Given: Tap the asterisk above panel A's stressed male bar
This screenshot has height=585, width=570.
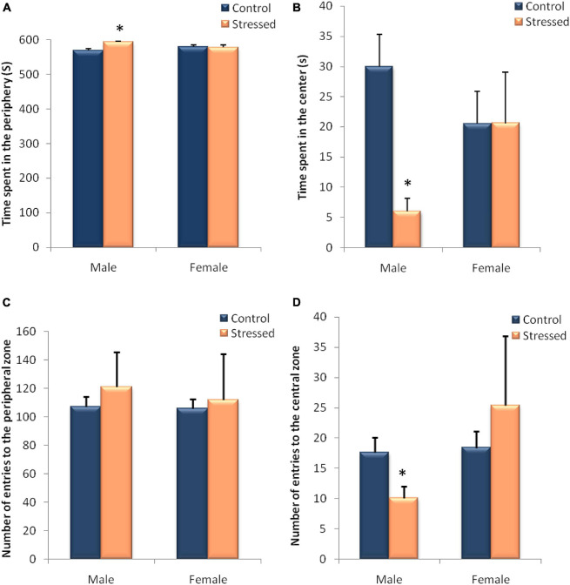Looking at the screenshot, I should (119, 30).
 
